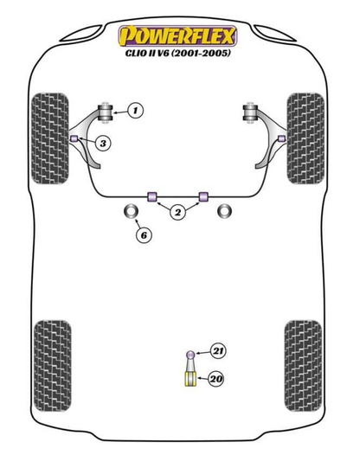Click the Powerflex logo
177,36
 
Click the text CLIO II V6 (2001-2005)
178,53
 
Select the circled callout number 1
135,110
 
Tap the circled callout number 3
103,143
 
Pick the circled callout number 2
177,212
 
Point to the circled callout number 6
144,235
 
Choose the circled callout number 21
218,351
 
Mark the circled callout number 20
215,379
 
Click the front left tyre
50,138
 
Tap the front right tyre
305,138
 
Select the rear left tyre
53,366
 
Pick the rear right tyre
304,366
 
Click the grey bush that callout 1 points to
105,112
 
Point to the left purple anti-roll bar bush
151,196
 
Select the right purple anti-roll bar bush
203,196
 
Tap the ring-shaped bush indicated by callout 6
132,211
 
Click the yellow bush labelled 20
190,379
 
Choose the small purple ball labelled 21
190,355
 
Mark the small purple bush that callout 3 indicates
74,138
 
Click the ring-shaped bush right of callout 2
224,211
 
